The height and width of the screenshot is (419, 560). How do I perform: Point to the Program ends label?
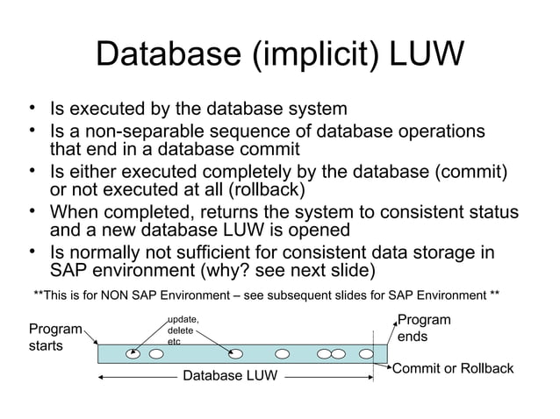point(424,329)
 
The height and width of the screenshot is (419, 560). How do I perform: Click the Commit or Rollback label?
point(452,368)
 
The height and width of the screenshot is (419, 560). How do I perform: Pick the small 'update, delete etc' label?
point(183,330)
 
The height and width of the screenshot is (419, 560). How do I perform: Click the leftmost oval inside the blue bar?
point(133,355)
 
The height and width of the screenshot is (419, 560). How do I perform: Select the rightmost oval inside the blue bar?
point(354,355)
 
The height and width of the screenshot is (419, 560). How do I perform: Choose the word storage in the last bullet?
point(435,252)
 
